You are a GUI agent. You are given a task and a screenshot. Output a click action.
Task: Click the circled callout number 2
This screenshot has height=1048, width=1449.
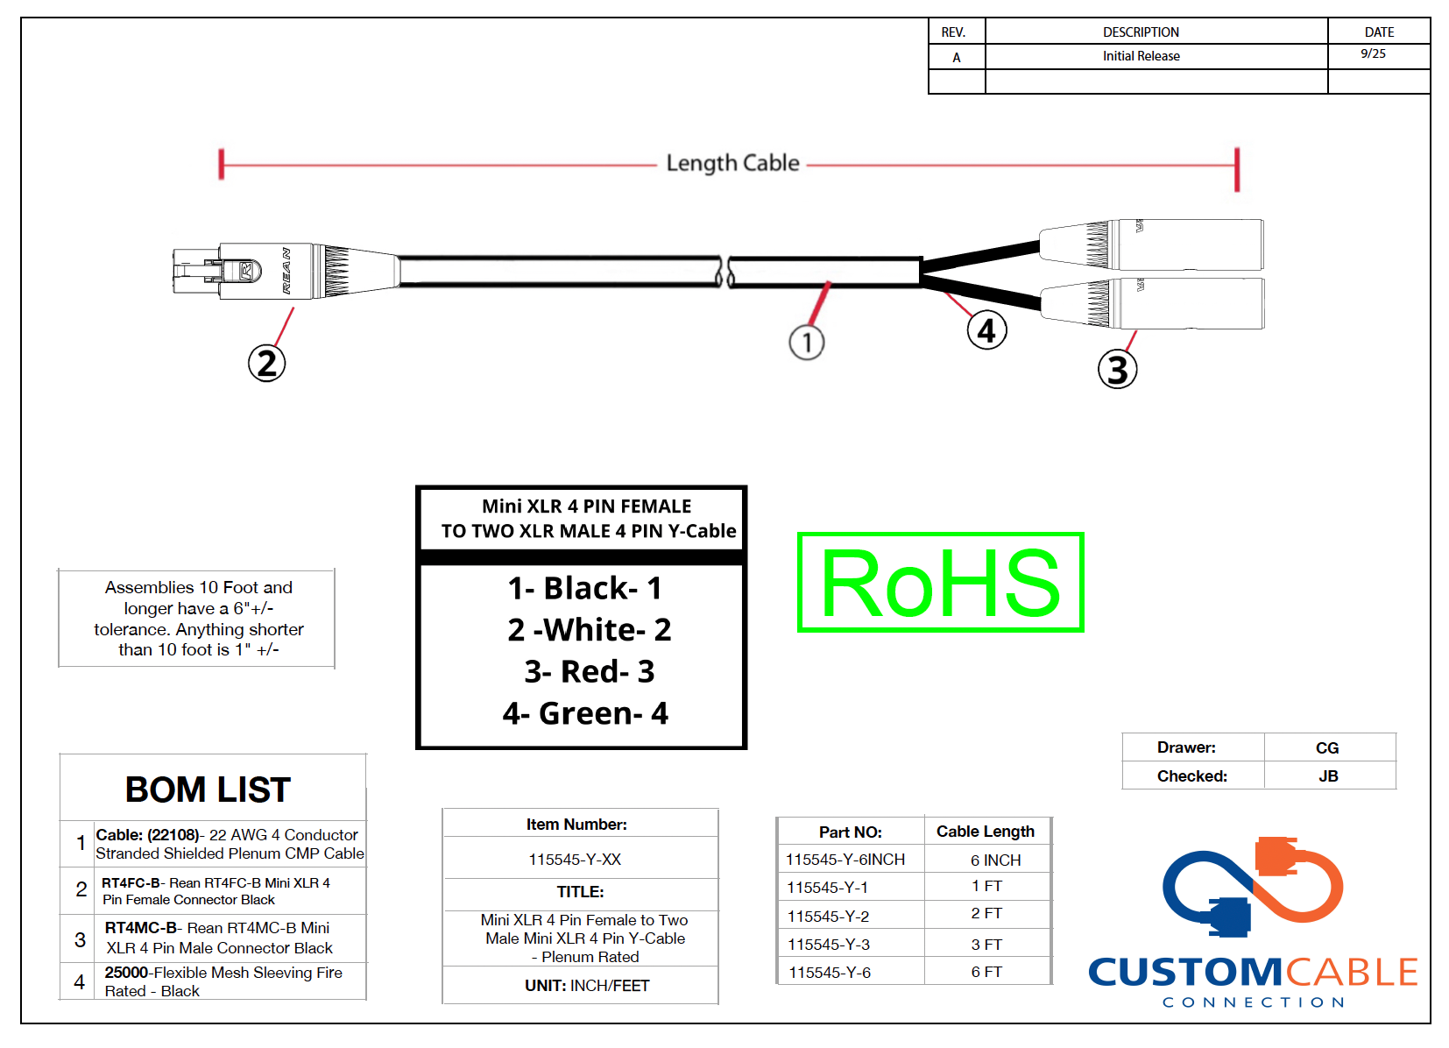267,363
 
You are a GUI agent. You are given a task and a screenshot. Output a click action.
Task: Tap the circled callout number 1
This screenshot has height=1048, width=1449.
807,342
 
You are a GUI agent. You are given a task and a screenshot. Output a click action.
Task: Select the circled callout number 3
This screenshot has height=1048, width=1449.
1117,369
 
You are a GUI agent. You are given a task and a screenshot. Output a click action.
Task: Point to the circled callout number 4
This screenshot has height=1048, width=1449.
986,330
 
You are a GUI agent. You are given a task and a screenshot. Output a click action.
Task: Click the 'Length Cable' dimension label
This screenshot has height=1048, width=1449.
732,163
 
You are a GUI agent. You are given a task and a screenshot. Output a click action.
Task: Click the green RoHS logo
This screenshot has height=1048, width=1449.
940,582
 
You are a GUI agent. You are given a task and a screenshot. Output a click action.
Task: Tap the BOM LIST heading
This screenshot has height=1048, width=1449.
208,790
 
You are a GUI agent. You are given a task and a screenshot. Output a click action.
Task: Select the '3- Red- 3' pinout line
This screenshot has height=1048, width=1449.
589,671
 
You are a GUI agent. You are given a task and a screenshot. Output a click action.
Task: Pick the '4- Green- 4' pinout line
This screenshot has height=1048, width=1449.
584,713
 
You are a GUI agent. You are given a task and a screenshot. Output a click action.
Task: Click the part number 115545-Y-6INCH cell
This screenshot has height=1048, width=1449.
845,860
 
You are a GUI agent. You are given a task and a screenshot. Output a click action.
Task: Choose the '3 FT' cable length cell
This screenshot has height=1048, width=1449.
986,945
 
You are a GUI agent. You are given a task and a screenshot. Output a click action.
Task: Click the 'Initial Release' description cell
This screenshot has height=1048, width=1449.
1141,56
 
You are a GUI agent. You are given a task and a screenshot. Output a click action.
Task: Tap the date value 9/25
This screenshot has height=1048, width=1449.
1373,53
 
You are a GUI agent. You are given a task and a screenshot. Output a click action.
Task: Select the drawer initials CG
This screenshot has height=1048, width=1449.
1326,747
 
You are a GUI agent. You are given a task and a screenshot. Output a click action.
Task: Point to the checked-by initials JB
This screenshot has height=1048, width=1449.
1328,775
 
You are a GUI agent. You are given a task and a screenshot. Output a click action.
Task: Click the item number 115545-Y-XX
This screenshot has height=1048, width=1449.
575,860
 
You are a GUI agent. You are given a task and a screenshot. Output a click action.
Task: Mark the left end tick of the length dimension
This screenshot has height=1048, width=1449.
222,164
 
